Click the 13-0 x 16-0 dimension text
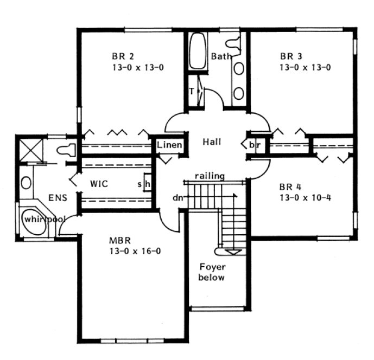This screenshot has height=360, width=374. click(135, 250)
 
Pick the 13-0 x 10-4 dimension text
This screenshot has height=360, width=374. click(305, 197)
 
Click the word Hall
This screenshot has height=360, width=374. click(212, 142)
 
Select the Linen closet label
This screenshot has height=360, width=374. click(169, 145)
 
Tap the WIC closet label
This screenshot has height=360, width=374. click(99, 184)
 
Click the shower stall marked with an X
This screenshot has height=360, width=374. click(27, 147)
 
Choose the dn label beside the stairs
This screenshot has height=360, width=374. click(178, 198)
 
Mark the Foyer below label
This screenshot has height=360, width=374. click(212, 272)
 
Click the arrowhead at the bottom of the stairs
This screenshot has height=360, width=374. click(234, 252)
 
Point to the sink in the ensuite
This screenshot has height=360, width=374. click(26, 182)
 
